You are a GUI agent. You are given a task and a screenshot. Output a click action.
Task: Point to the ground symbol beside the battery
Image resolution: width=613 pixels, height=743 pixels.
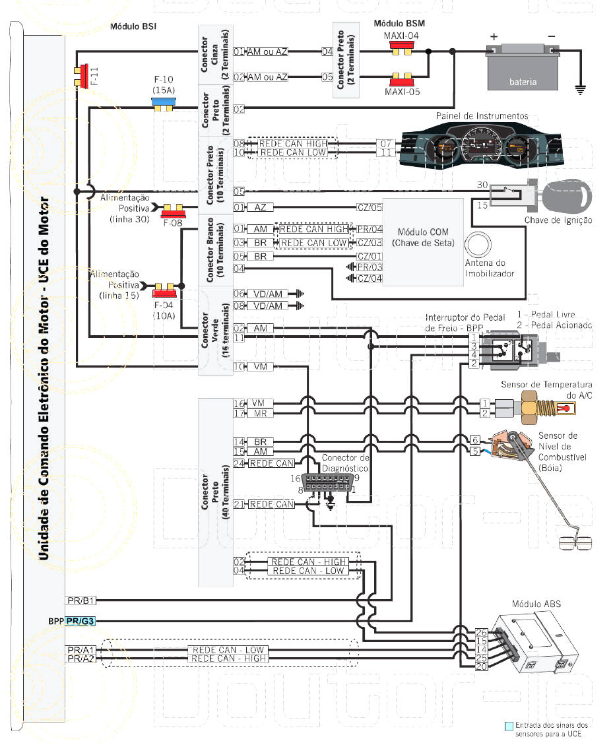[x=581, y=86]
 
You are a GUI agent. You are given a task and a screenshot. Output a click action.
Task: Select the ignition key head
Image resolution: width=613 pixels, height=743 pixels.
[x=566, y=192]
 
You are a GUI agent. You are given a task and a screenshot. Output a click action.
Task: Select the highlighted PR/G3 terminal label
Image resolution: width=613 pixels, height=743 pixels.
[x=81, y=621]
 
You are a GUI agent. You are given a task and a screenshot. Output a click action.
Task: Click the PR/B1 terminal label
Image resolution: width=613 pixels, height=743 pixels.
[x=81, y=600]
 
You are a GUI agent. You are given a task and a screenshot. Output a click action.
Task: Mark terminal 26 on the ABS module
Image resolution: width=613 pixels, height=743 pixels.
[x=481, y=631]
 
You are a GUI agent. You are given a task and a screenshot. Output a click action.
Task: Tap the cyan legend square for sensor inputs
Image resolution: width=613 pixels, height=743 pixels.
[x=508, y=726]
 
